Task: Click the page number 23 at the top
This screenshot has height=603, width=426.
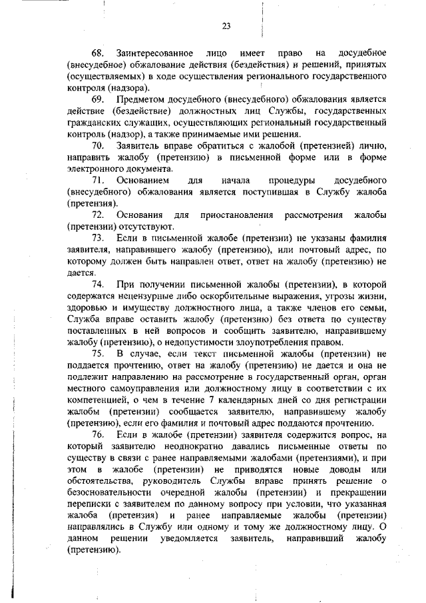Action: click(226, 27)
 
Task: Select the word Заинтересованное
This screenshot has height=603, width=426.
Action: click(154, 53)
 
